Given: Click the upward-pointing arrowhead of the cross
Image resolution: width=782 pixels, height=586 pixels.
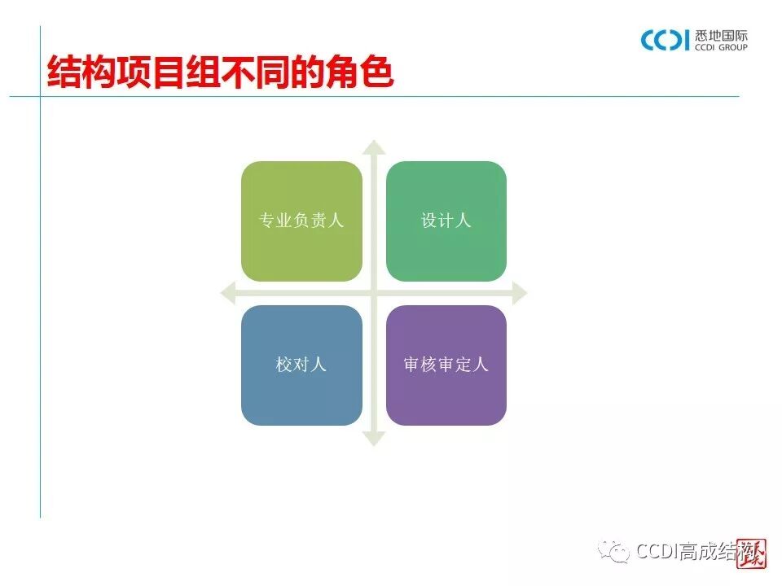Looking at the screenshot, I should pyautogui.click(x=374, y=147).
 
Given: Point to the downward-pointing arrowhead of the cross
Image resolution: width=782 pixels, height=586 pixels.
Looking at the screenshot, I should pyautogui.click(x=374, y=439).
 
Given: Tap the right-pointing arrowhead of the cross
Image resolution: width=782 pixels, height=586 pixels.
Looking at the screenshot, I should pyautogui.click(x=519, y=293).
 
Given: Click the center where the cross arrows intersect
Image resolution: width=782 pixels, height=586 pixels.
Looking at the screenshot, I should pyautogui.click(x=374, y=293).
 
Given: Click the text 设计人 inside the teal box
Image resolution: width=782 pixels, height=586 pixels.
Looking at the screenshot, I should pyautogui.click(x=446, y=221).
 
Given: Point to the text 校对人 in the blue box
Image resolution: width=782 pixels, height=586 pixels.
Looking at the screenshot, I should pyautogui.click(x=301, y=365).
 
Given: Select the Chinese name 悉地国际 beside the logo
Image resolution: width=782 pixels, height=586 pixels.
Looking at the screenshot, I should pyautogui.click(x=722, y=35).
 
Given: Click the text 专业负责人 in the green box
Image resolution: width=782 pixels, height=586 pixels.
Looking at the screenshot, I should pyautogui.click(x=301, y=221).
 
